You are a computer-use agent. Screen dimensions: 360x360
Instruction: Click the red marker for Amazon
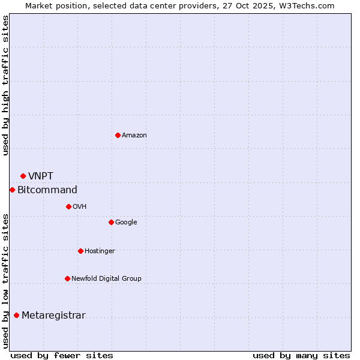(x=118, y=135)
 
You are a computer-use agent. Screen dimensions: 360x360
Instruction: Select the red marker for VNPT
(x=23, y=176)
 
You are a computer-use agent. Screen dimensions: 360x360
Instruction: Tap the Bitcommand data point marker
(x=12, y=190)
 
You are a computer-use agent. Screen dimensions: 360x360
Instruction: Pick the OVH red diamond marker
(x=68, y=206)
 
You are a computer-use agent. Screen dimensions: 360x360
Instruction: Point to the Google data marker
(x=111, y=222)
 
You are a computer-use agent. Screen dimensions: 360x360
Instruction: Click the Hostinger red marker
(x=80, y=251)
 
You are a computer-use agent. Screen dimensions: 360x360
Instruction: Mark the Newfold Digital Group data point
(x=67, y=278)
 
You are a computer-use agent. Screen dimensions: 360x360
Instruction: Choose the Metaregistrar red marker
(x=16, y=315)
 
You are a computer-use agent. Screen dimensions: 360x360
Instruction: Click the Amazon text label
(x=134, y=136)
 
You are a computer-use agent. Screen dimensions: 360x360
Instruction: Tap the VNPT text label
(x=41, y=176)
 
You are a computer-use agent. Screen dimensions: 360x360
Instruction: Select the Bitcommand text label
(x=47, y=190)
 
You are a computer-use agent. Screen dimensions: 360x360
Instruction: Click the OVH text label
(x=80, y=207)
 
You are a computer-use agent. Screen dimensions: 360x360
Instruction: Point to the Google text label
(x=126, y=223)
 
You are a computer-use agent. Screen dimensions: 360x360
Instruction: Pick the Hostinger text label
(x=100, y=251)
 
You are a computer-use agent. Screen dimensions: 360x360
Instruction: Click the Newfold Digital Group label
(x=106, y=278)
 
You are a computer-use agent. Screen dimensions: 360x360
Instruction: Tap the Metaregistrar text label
(x=53, y=316)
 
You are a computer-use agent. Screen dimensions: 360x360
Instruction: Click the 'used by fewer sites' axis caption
(x=62, y=355)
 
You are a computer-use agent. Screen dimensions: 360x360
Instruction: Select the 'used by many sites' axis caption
(x=301, y=355)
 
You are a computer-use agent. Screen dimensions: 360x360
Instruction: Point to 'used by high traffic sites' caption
(x=5, y=85)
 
